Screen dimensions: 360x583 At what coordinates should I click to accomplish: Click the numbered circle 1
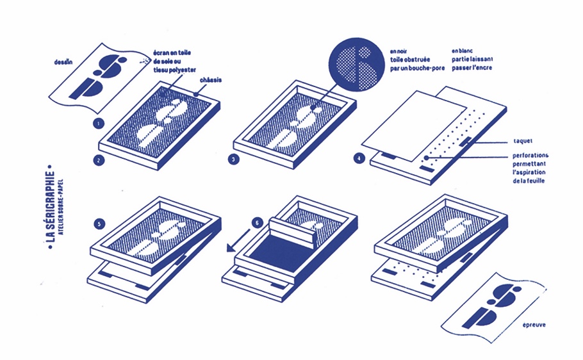[x=98, y=122]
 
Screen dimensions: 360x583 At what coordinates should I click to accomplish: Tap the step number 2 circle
[x=98, y=160]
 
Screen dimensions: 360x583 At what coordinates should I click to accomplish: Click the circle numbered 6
[x=257, y=223]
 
